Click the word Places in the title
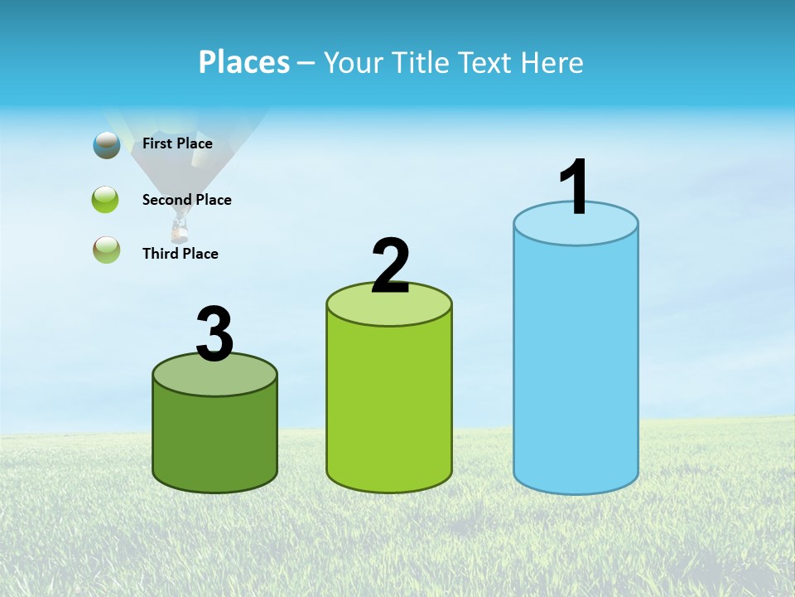(244, 62)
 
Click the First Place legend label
(177, 143)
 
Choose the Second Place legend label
(186, 200)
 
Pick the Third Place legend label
(180, 254)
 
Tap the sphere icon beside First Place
(107, 145)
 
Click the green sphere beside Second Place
(106, 200)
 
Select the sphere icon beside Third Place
(106, 250)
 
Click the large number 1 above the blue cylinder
(575, 187)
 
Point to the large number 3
(214, 334)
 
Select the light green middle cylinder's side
(389, 406)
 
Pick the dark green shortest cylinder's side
(214, 439)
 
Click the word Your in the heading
(354, 62)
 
